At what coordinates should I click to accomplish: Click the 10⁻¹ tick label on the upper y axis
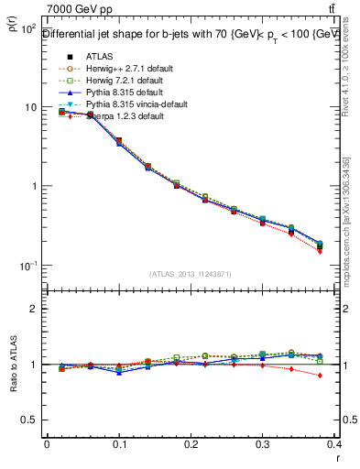[x=27, y=266]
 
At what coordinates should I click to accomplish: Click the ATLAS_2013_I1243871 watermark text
[x=191, y=275]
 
